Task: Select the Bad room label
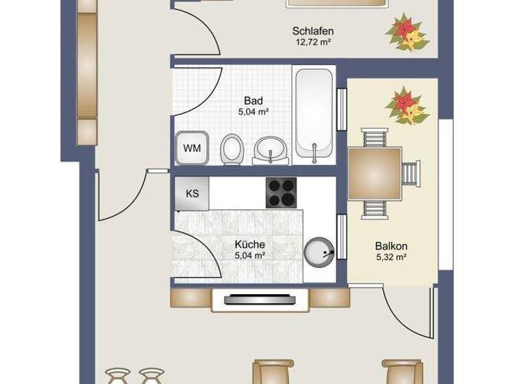253,100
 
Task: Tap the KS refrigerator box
192,193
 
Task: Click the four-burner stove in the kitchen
281,193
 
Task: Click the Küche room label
249,244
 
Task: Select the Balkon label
391,246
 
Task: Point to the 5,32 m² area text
391,258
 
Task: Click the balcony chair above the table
375,139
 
